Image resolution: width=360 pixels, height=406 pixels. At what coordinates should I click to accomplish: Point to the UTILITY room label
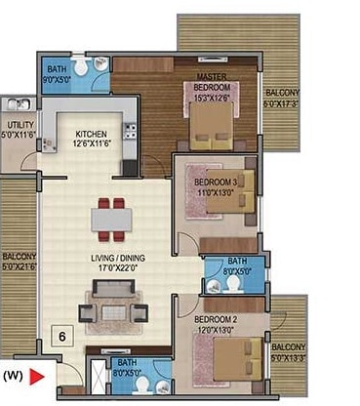(x=20, y=130)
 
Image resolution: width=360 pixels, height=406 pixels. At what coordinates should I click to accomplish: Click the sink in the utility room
(x=17, y=103)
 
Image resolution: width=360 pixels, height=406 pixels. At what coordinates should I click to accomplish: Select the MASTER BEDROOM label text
(x=212, y=83)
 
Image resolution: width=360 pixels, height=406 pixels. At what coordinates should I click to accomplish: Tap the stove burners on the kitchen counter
(x=131, y=163)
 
